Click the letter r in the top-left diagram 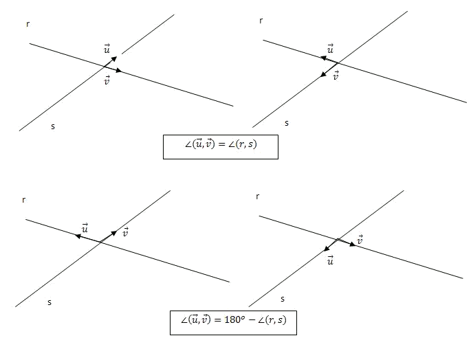pos(28,24)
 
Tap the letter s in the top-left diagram pos(53,126)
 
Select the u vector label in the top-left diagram pos(107,49)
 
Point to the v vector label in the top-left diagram pos(107,80)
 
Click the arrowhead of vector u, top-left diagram pos(114,58)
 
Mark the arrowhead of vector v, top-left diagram pos(119,71)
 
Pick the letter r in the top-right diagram pos(261,21)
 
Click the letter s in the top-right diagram pos(287,123)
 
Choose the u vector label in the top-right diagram pos(331,49)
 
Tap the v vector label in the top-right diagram pos(336,76)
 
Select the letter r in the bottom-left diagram pos(24,200)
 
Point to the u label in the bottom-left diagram pos(85,228)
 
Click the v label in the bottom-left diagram pos(126,232)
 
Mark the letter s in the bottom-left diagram pos(50,302)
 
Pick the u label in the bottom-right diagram pos(331,260)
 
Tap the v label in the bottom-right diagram pos(360,240)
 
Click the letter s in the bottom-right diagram pos(283,299)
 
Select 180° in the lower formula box pos(233,319)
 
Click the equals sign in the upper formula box pos(221,144)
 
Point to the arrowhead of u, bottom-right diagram pos(327,248)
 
